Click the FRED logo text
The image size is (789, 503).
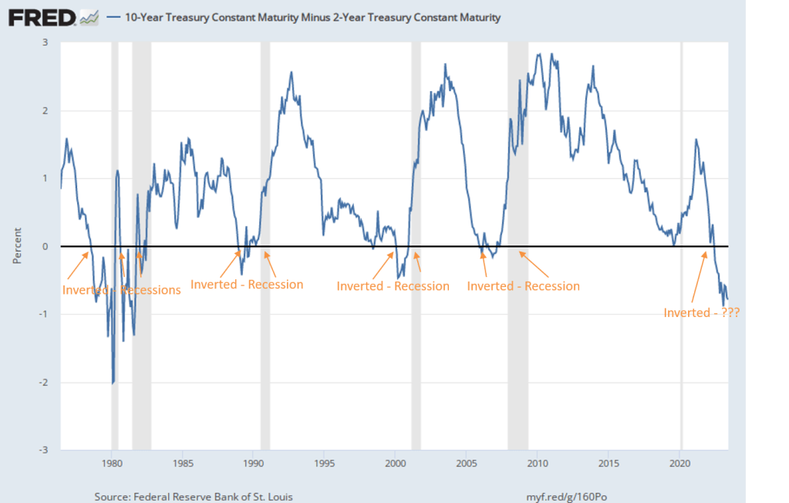42,17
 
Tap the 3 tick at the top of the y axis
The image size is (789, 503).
46,42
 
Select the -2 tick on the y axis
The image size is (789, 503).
44,383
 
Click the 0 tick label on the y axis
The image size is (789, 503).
46,246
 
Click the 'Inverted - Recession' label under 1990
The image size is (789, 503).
247,284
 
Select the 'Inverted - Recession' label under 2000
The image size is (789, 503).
393,286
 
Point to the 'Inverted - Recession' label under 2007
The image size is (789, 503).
523,286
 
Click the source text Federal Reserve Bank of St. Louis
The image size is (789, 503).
193,496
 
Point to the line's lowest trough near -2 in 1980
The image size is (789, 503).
113,382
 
